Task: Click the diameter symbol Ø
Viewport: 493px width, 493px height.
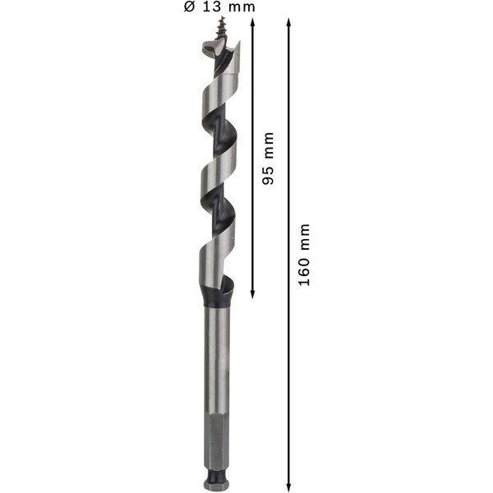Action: [189, 7]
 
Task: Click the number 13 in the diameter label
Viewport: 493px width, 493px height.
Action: [212, 7]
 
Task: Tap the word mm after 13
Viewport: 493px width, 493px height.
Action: [242, 7]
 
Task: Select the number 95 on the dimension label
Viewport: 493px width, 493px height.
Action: [268, 176]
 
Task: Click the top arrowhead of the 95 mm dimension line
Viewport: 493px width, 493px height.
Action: [252, 23]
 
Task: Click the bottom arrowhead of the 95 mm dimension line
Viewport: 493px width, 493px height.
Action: [252, 294]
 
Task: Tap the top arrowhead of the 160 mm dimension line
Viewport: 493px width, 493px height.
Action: [288, 23]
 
